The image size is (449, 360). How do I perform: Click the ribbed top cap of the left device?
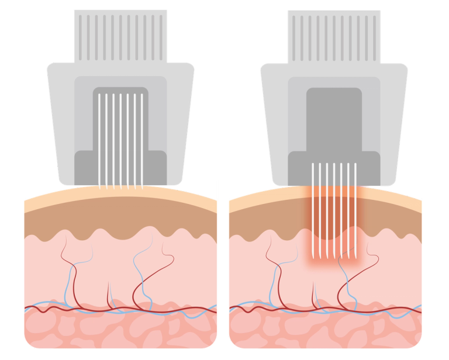(x=120, y=35)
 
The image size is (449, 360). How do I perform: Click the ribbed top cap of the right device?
(x=333, y=35)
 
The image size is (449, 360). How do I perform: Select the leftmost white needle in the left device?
(x=99, y=140)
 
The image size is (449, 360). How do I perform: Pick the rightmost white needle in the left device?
(x=142, y=140)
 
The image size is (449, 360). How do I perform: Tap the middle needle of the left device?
(x=120, y=140)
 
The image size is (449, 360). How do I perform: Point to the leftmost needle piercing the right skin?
(x=313, y=210)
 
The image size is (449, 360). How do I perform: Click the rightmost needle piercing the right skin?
(x=355, y=210)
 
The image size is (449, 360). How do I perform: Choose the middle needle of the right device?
(x=334, y=210)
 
